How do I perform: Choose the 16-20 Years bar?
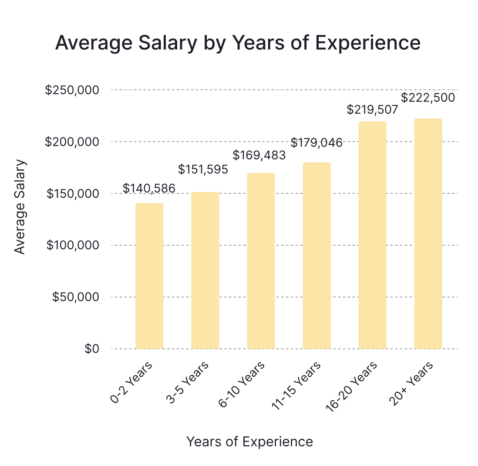(x=372, y=235)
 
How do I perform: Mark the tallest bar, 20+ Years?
(x=428, y=233)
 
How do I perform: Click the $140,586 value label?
(x=149, y=189)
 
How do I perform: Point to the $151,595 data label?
(x=203, y=169)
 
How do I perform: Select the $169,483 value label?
(x=259, y=155)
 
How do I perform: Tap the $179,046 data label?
(x=316, y=142)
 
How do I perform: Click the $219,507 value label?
(x=373, y=110)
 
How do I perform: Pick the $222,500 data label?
(x=428, y=97)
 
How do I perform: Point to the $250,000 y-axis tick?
(x=72, y=90)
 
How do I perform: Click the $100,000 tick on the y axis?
(x=72, y=245)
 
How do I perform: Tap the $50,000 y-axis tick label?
(x=75, y=297)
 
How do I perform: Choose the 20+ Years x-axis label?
(x=412, y=384)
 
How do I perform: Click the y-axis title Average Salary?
(x=20, y=207)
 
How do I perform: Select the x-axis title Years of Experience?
(x=249, y=442)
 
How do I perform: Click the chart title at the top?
(x=238, y=43)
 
